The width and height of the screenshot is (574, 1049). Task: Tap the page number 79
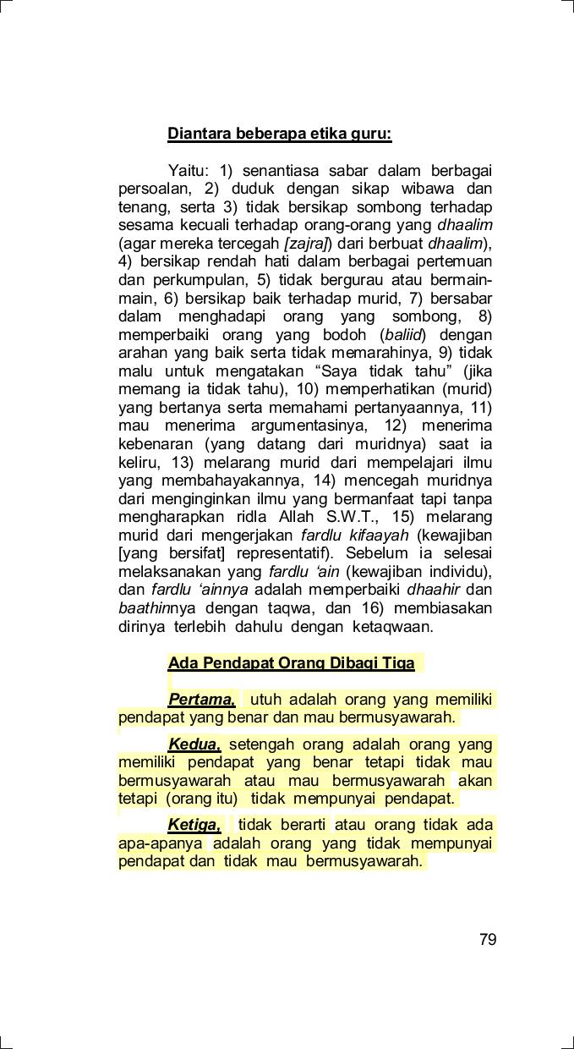(x=488, y=940)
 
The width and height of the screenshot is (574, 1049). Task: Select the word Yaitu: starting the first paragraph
(x=188, y=171)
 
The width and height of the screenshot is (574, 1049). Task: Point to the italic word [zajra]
(x=307, y=244)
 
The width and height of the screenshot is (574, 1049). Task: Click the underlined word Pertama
(x=201, y=700)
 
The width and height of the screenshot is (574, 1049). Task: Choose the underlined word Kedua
(x=194, y=744)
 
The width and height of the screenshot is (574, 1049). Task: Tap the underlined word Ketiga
(x=194, y=825)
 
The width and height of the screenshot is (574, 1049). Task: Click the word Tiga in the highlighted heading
(x=397, y=663)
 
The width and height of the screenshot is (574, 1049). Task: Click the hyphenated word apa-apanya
(x=160, y=843)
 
